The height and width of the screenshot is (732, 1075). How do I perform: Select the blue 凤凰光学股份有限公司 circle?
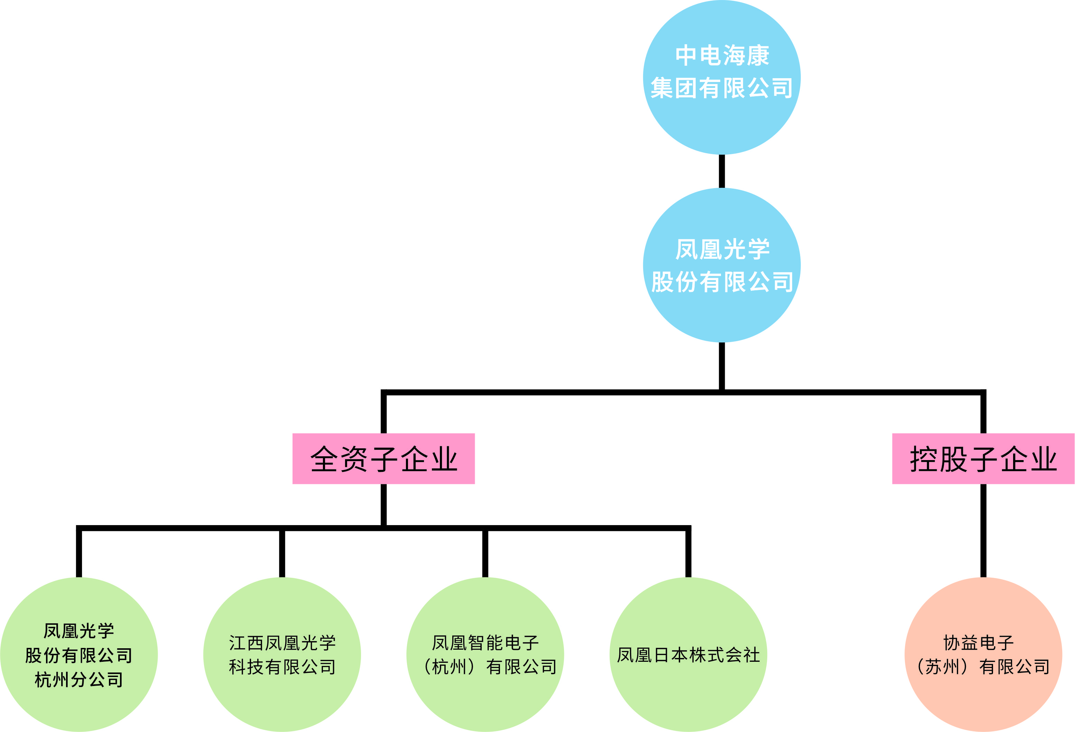point(722,315)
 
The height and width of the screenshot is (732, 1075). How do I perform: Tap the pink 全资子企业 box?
point(383,459)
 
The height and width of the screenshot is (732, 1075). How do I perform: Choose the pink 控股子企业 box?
point(983,459)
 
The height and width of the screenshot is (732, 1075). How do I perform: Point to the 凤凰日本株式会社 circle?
point(688,694)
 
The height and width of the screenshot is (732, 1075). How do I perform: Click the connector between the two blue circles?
point(722,171)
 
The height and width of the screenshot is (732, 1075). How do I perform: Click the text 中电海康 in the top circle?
point(722,56)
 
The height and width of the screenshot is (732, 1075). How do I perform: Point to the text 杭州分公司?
point(78,679)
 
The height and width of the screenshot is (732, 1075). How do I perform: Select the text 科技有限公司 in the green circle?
point(282,667)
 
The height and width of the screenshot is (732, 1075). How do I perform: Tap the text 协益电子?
point(978,643)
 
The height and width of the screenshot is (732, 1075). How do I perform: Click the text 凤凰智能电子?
point(485,643)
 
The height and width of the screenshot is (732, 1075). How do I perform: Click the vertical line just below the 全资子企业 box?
point(383,504)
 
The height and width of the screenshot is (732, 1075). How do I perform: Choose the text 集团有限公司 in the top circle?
point(722,88)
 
